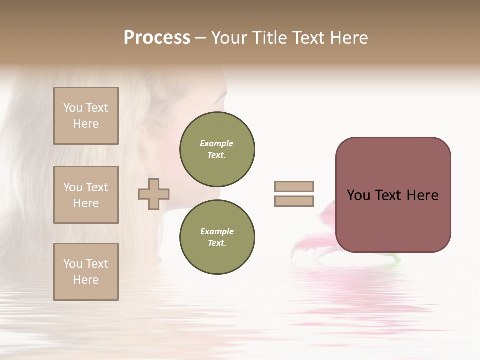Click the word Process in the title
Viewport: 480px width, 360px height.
[x=157, y=38]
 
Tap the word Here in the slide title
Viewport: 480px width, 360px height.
[x=348, y=38]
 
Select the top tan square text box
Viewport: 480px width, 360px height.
[x=86, y=116]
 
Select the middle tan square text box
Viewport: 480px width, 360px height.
[x=86, y=195]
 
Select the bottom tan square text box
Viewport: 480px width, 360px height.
[x=86, y=271]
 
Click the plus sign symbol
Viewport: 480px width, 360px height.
[x=154, y=194]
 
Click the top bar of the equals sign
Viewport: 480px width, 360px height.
[x=294, y=186]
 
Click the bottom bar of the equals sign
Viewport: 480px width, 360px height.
[x=294, y=201]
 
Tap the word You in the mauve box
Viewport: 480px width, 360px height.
[x=358, y=195]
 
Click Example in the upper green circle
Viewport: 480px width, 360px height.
[x=217, y=143]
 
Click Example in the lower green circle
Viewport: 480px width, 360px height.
[x=217, y=231]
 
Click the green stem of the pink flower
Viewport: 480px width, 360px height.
[x=395, y=258]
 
